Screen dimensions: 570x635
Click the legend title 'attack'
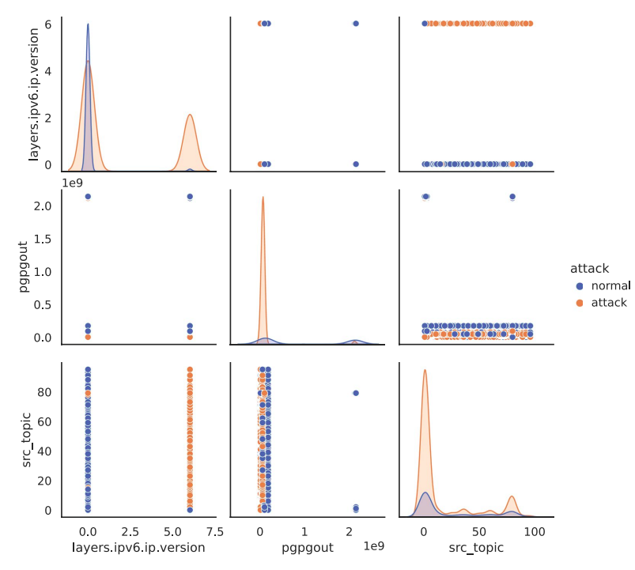tap(589, 269)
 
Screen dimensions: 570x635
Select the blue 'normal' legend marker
tap(580, 285)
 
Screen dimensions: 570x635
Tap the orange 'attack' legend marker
tap(580, 302)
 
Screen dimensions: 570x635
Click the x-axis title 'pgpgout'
tap(306, 547)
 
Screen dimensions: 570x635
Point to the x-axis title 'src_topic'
tap(477, 547)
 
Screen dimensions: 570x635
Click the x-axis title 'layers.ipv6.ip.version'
tap(138, 547)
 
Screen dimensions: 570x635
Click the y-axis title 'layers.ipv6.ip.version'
tap(33, 95)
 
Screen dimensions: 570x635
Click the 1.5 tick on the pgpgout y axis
tap(43, 239)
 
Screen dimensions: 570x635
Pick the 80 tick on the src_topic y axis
tap(47, 392)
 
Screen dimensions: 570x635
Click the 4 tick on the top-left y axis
tap(50, 71)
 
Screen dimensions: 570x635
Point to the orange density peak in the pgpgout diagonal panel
tap(263, 198)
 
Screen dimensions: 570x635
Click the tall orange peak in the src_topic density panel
tap(425, 370)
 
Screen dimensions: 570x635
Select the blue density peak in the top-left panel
tap(88, 25)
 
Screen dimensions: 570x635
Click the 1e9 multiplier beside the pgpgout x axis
tap(375, 546)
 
